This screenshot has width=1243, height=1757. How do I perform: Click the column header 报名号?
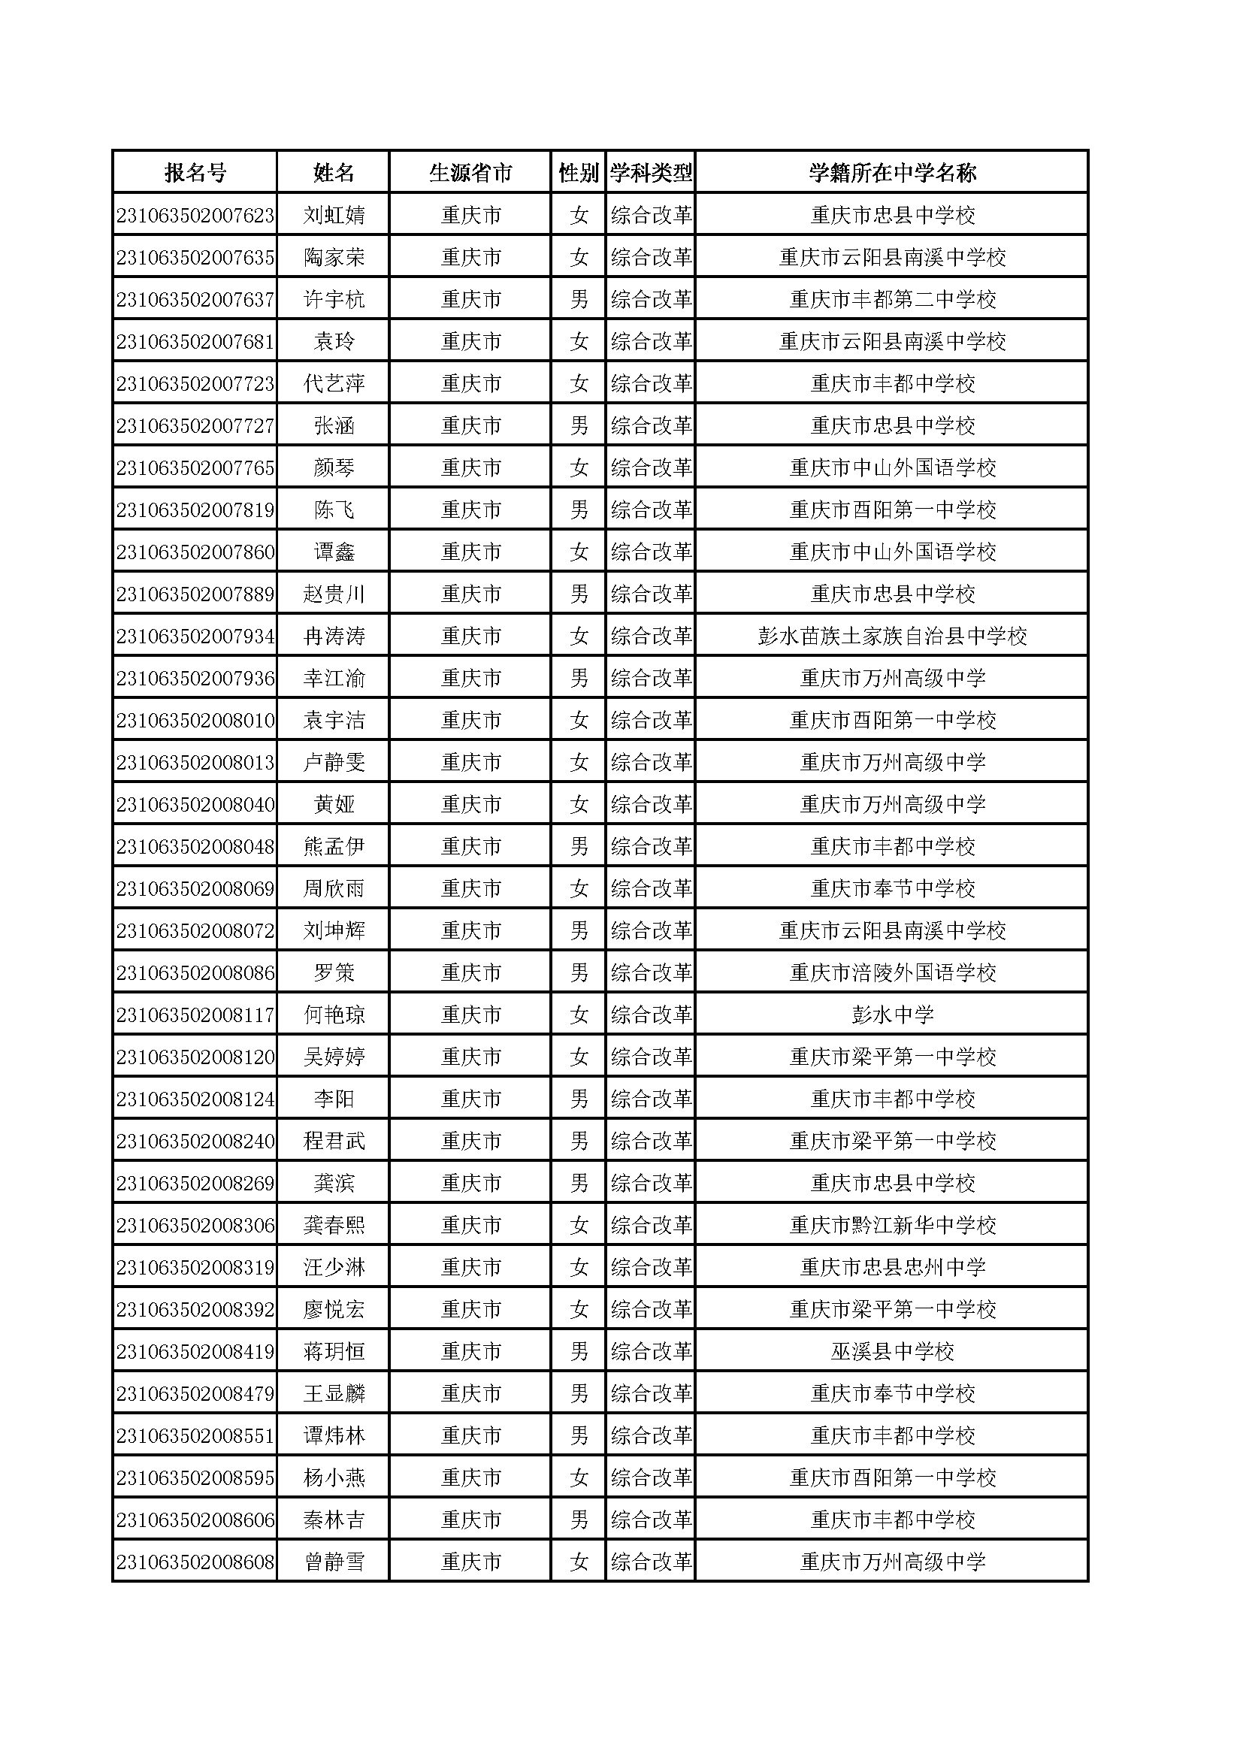pos(195,173)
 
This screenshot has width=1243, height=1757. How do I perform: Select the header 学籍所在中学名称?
pos(893,173)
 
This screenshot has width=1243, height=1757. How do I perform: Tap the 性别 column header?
pos(579,173)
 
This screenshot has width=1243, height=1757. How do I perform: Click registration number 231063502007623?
pos(195,216)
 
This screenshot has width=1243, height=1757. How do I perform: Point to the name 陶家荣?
pos(334,258)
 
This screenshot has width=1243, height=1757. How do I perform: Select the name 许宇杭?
pos(334,300)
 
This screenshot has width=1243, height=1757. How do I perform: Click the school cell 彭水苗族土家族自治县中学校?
pos(893,637)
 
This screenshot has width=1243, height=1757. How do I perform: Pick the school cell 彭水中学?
pos(893,1015)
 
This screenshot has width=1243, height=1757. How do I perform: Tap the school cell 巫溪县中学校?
pos(893,1352)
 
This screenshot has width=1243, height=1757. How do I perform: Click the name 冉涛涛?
pos(334,637)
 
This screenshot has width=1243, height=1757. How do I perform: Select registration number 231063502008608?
pos(195,1562)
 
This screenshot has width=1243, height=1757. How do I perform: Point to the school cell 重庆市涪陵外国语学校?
pos(893,973)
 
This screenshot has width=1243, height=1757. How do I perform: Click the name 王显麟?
pos(334,1394)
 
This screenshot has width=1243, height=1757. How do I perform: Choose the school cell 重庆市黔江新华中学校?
pos(893,1226)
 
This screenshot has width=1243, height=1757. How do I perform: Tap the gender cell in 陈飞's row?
pos(579,510)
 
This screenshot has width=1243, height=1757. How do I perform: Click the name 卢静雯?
pos(334,763)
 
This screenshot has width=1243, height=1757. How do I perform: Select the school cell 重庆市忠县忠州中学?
pos(893,1268)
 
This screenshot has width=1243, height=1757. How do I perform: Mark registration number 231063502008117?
pos(195,1015)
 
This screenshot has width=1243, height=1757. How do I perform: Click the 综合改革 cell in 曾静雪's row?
pos(652,1562)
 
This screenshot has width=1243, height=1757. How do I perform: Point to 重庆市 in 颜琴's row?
pos(470,468)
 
